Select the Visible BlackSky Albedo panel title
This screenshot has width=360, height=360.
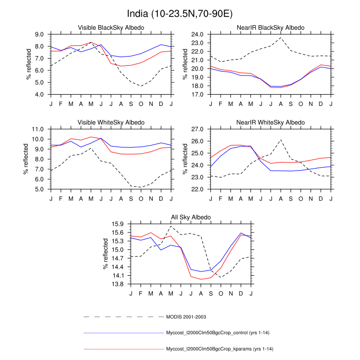111,27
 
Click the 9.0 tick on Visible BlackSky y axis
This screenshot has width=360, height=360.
39,34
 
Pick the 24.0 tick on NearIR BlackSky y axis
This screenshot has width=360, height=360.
198,34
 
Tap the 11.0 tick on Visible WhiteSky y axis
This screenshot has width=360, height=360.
39,129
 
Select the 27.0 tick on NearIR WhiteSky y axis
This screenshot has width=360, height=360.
198,129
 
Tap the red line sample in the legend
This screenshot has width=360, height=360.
122,350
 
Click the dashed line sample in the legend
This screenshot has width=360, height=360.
122,316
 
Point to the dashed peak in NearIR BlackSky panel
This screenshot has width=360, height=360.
281,38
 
